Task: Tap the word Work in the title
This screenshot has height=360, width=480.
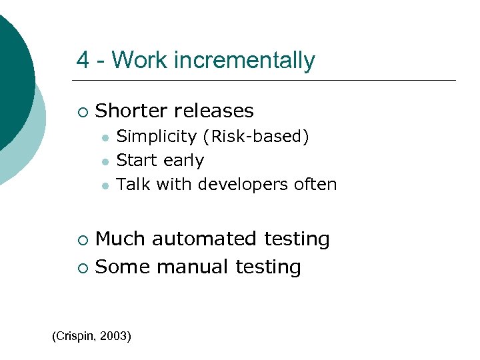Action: point(141,61)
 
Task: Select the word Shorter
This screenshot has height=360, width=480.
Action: point(132,111)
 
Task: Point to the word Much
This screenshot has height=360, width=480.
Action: point(121,239)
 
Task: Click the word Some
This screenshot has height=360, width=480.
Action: point(123,267)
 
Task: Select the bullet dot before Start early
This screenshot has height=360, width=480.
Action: point(104,161)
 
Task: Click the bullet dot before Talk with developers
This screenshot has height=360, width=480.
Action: point(104,185)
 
